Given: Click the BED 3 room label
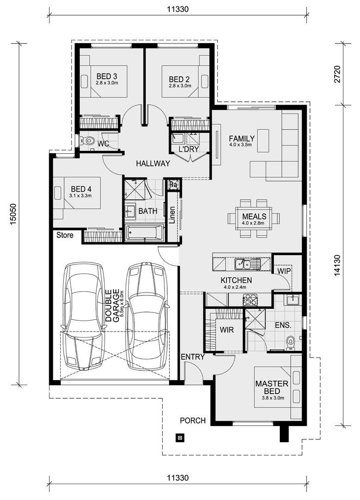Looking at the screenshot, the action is point(107,76).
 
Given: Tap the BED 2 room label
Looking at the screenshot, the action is point(179,79).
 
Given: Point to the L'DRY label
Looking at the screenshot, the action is point(189,149).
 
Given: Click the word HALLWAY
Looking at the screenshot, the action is point(153,163).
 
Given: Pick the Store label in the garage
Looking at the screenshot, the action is point(65,235).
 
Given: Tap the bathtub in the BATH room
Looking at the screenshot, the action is point(145,232).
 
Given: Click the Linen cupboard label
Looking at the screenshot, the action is point(172,215).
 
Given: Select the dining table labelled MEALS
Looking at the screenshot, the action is point(254,218).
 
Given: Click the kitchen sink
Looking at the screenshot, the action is point(243,264).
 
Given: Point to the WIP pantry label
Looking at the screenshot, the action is point(284,271).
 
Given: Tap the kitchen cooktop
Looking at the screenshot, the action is point(250,300).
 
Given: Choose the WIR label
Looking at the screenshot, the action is point(227,330).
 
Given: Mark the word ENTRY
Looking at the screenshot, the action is point(192,357).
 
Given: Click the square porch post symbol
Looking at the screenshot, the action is point(180,437).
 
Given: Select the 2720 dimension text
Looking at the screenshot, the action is point(337,74).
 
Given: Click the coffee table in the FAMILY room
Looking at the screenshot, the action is point(263,141).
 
